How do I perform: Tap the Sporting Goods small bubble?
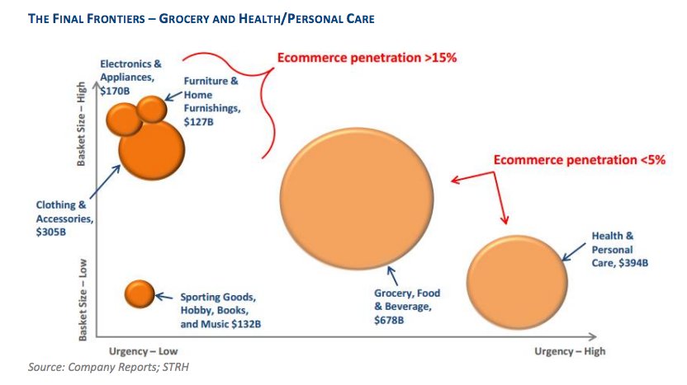[140, 293]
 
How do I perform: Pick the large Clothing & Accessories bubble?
[151, 149]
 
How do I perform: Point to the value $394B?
[630, 262]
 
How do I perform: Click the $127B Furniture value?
[198, 121]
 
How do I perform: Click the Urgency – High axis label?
[569, 350]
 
